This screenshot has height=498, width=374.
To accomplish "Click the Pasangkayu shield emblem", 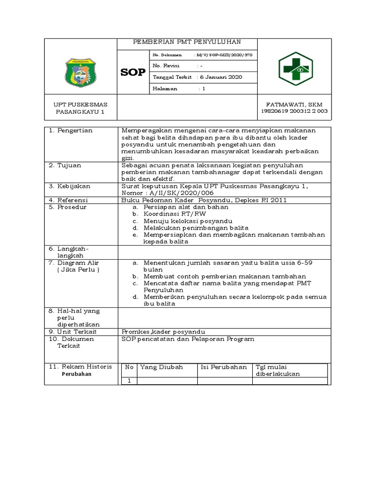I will coord(80,72).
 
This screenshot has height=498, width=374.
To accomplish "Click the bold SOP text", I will coord(133,72).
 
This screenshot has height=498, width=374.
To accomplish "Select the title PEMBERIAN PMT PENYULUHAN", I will coord(187,42).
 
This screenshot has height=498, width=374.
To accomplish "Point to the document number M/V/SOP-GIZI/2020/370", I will coord(227,55).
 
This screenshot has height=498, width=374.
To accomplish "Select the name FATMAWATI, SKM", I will coord(294,105).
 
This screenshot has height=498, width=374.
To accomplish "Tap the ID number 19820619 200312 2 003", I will coord(294,111).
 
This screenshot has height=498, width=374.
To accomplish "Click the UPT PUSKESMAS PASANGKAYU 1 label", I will coord(80,108).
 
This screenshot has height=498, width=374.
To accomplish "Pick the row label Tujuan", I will coord(69,165).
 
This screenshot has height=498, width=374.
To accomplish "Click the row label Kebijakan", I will coord(74,186).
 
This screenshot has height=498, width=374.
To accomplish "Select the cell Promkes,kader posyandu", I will coord(163,331).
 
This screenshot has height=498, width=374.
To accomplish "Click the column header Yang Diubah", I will coord(161,367).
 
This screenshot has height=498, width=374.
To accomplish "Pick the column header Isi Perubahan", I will coord(224,367).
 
